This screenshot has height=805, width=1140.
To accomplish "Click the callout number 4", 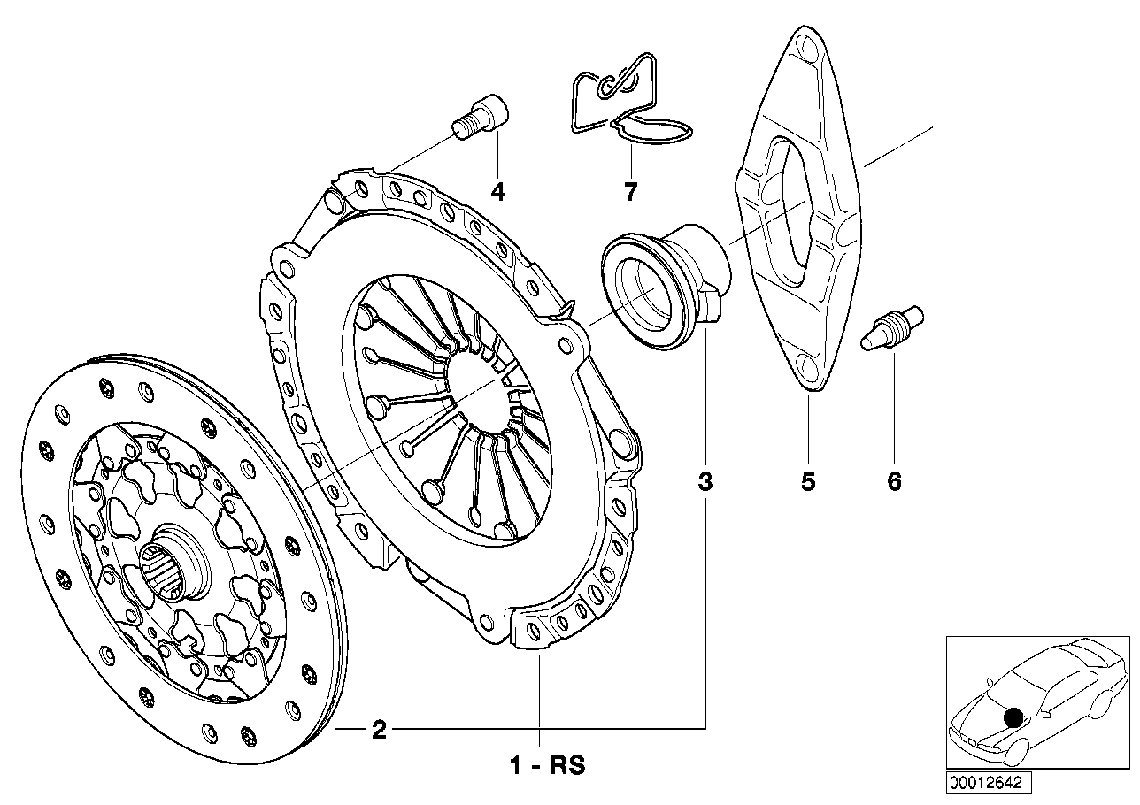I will (498, 191).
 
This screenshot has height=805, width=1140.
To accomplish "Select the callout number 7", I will (630, 191).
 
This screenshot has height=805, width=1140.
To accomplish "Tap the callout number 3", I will (705, 482).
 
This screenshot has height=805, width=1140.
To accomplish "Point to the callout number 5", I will (808, 482).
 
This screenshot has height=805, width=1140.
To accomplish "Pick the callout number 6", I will (894, 482).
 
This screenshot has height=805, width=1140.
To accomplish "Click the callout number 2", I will (379, 731).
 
